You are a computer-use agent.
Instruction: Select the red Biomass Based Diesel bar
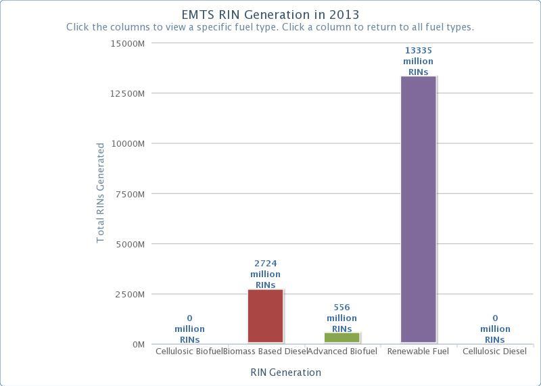pos(265,316)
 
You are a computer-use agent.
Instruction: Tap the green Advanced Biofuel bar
pos(342,337)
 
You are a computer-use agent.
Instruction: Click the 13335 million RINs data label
pos(418,61)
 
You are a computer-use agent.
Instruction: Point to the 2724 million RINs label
pos(265,274)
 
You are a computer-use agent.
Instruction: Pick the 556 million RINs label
pos(342,318)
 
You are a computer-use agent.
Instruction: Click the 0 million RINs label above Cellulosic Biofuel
pos(189,329)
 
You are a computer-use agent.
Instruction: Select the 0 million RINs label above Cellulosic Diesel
pos(495,329)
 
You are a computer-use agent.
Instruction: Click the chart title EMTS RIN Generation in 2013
pos(270,14)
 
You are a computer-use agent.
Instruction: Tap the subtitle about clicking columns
pos(270,28)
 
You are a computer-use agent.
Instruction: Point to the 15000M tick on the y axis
pos(129,43)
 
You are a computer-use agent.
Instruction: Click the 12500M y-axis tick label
pos(129,93)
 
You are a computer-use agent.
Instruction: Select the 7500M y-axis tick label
pos(131,194)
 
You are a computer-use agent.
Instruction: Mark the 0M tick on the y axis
pos(138,345)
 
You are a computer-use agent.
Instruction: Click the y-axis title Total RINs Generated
pos(101,193)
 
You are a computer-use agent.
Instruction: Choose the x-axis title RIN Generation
pos(285,372)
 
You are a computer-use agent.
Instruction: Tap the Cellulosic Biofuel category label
pos(189,352)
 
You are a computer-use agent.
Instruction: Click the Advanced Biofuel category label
pos(342,352)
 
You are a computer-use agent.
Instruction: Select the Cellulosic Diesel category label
pos(494,352)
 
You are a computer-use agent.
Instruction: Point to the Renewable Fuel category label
pos(418,352)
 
